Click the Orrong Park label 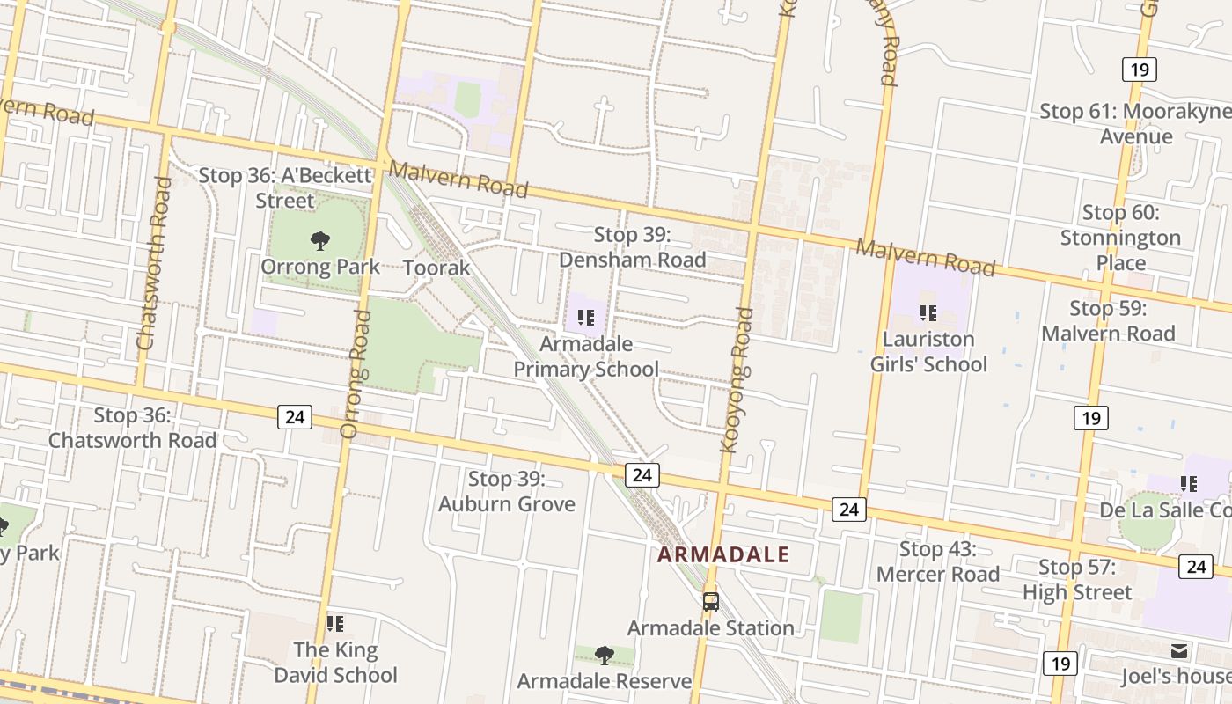[320, 267]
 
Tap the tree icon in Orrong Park [320, 240]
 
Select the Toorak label [436, 268]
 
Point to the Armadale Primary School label [586, 356]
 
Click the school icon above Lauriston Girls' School [928, 312]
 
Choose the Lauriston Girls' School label [928, 351]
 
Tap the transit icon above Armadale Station [710, 602]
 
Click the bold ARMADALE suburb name [723, 554]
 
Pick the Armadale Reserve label [605, 681]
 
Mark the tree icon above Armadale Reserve [604, 655]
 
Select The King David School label [335, 663]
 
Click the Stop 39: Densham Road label [633, 247]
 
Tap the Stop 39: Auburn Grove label [507, 491]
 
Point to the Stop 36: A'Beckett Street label [285, 187]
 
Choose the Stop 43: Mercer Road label [938, 561]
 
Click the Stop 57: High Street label [1077, 580]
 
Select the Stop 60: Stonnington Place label [1120, 238]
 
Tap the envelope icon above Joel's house [1179, 651]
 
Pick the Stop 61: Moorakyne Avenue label [1136, 123]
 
